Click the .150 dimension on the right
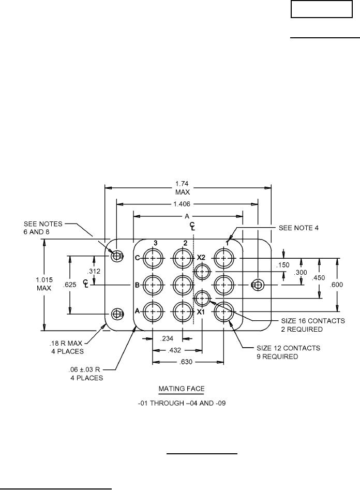283,265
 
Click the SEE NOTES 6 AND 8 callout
43,228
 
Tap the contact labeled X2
202,271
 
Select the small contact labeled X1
202,298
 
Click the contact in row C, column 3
153,258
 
